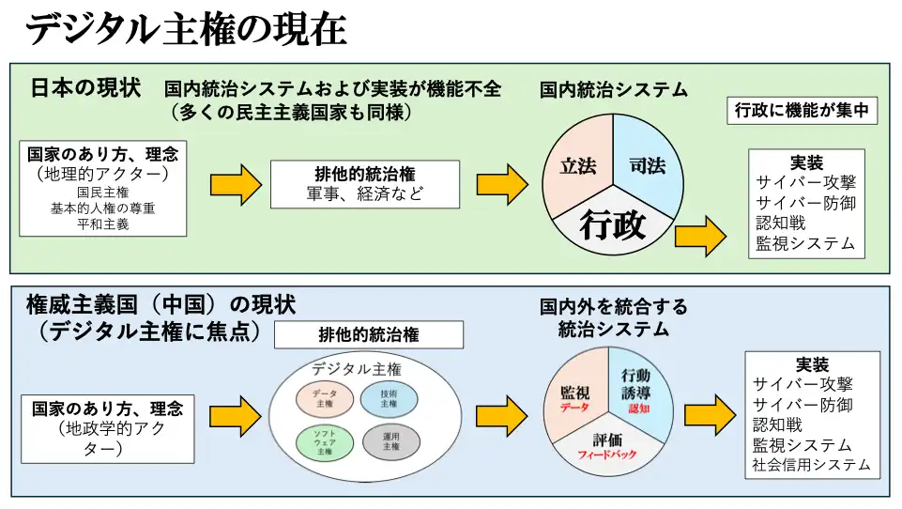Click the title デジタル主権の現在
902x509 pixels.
pos(186,29)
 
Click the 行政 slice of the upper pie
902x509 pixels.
pos(612,225)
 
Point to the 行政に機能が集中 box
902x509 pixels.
pos(803,111)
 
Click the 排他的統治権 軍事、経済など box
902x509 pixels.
pos(365,184)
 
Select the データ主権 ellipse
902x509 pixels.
pos(325,398)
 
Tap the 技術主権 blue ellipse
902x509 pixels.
pos(389,398)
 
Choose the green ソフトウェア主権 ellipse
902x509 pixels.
pos(325,441)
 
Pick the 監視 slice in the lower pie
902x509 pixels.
pos(574,394)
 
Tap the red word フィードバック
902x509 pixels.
pos(607,455)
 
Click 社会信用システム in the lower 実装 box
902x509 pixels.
pos(811,465)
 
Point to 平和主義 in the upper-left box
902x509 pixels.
pos(102,224)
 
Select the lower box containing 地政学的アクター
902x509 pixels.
pos(107,428)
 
